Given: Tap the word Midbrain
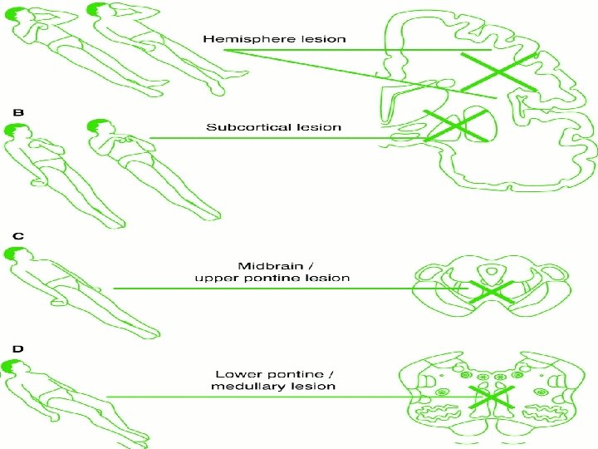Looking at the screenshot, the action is [x=264, y=265].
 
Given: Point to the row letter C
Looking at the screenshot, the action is [x=17, y=235].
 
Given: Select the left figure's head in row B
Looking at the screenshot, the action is [x=16, y=131].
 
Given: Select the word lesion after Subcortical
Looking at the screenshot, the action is [x=321, y=127].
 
